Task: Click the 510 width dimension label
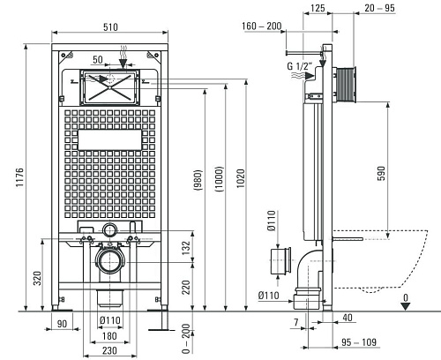click(x=110, y=27)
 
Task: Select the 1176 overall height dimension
click(x=19, y=177)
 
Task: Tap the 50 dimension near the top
click(x=98, y=59)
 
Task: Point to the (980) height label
click(x=198, y=180)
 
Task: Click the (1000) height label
click(x=219, y=179)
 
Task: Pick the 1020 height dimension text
click(x=241, y=178)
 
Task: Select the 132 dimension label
click(x=186, y=248)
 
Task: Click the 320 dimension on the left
click(x=38, y=278)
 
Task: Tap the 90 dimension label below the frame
click(x=62, y=324)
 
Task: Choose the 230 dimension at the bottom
click(x=109, y=350)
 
